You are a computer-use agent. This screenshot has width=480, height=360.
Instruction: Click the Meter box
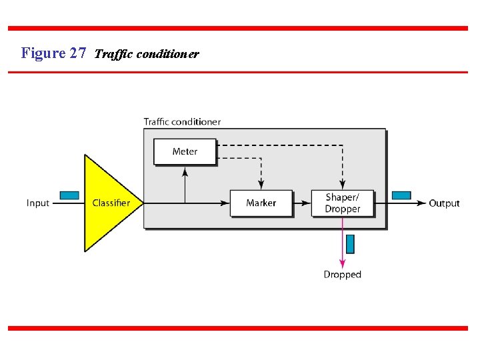click(x=185, y=151)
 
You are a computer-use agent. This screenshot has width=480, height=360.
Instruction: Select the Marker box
click(x=261, y=203)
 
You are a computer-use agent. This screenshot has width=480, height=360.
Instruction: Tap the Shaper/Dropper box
click(x=342, y=203)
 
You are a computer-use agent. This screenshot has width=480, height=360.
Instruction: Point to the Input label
click(x=38, y=203)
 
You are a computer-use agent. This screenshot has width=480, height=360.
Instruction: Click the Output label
click(x=444, y=203)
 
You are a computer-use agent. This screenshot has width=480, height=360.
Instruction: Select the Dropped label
click(x=342, y=275)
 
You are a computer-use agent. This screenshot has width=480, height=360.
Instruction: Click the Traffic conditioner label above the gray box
click(x=182, y=121)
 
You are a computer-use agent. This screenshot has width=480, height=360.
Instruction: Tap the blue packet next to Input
click(x=69, y=195)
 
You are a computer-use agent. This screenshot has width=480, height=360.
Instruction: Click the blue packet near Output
click(x=401, y=195)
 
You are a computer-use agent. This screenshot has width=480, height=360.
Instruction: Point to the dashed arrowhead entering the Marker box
click(x=261, y=184)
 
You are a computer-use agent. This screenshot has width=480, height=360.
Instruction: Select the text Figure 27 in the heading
click(x=53, y=53)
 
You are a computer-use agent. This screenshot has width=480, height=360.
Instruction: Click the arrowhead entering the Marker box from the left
click(x=225, y=203)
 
